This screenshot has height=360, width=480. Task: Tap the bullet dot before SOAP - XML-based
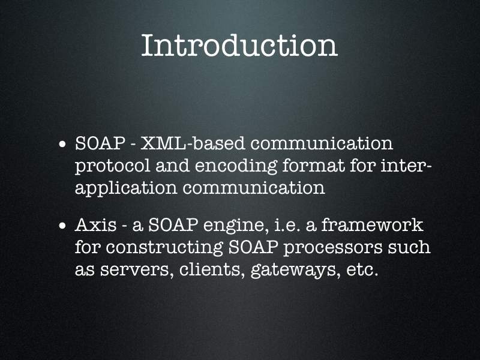[x=62, y=144]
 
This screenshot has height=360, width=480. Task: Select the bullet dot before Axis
[x=62, y=226]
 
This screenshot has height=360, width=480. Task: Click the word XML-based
[x=193, y=143]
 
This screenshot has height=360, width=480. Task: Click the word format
[x=313, y=166]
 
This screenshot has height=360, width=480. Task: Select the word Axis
[x=96, y=225]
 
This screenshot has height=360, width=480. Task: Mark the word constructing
[x=164, y=248]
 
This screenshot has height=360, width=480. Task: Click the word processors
[x=333, y=248]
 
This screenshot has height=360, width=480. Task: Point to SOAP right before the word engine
[x=173, y=225]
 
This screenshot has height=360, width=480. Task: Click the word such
[x=409, y=247]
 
